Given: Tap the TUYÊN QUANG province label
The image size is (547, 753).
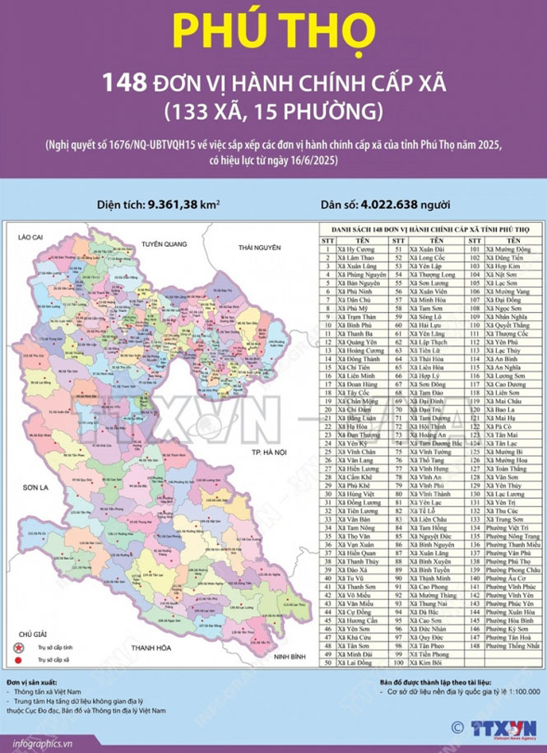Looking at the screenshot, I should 165,244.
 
